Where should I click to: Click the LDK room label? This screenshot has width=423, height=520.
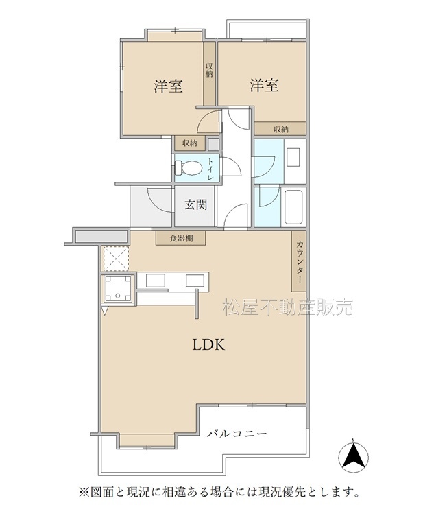click(x=209, y=345)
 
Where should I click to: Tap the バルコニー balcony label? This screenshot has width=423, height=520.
click(x=237, y=434)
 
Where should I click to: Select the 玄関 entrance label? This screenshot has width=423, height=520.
click(x=196, y=204)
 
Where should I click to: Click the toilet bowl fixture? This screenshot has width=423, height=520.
click(x=188, y=167)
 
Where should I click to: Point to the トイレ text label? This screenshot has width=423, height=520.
click(x=211, y=169)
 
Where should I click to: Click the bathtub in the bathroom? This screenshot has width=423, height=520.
click(x=293, y=207)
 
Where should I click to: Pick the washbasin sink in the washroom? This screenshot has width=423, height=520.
click(x=293, y=158)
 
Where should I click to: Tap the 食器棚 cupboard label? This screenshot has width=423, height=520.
click(x=181, y=238)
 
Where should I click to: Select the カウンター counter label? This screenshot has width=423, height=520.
click(x=299, y=261)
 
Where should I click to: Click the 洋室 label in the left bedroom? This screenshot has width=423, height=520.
click(x=169, y=86)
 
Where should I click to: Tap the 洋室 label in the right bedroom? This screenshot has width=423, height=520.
click(x=264, y=85)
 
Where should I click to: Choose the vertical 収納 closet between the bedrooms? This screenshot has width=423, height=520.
click(x=209, y=73)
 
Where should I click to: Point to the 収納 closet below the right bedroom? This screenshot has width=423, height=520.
click(x=280, y=129)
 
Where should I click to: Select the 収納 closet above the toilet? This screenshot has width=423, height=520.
click(x=190, y=143)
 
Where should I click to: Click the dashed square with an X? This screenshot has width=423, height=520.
click(x=115, y=259)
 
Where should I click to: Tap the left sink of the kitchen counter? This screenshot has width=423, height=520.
click(x=156, y=281)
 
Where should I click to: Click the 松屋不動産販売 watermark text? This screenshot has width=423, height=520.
click(x=287, y=307)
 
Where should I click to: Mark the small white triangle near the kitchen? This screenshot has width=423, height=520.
click(x=105, y=310)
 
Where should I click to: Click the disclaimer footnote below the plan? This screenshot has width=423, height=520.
click(x=219, y=492)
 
